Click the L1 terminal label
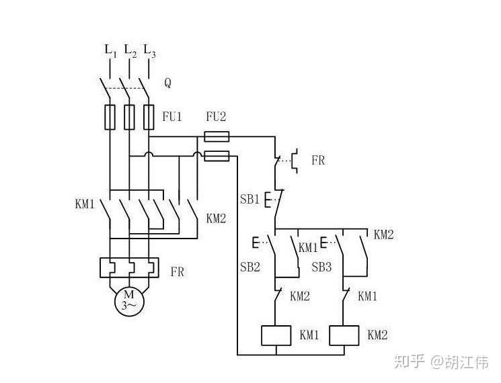[x=110, y=50]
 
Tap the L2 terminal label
[x=130, y=50]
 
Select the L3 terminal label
[x=149, y=50]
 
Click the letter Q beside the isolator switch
[x=167, y=83]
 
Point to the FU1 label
[x=172, y=116]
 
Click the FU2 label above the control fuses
[x=216, y=116]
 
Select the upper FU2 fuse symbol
[x=216, y=136]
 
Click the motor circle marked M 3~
[x=128, y=300]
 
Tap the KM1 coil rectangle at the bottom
[x=276, y=335]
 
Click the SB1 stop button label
[x=249, y=200]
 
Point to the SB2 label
[x=250, y=267]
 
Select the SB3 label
[x=321, y=267]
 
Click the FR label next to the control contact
[x=318, y=161]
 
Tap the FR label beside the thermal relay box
[x=177, y=272]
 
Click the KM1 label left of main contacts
[x=85, y=204]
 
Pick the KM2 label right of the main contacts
[x=216, y=218]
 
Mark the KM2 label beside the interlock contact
[x=300, y=296]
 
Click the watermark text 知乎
[x=410, y=362]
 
